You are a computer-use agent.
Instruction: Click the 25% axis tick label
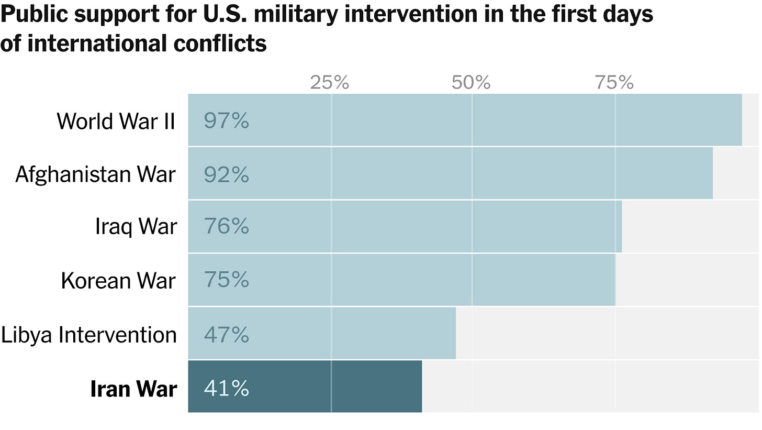pos(329,82)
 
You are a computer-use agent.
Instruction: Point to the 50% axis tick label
pos(472,82)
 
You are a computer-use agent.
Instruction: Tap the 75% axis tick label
pos(614,82)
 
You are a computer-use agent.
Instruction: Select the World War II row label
pos(116,121)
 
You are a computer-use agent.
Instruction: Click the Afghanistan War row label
pos(95,174)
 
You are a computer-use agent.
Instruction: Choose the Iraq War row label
pos(136,227)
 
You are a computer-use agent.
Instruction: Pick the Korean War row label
pos(118,280)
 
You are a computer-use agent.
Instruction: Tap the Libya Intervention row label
pos(89,335)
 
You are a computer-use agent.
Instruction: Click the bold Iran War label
pos(133,389)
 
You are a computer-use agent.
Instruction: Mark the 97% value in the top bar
pos(226,121)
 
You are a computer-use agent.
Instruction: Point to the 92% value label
pos(226,174)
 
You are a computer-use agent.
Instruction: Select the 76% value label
pos(226,227)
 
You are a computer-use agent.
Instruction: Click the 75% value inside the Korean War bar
pos(226,280)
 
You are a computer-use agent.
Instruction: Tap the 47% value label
pos(226,334)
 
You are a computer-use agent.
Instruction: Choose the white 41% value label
pos(226,389)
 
